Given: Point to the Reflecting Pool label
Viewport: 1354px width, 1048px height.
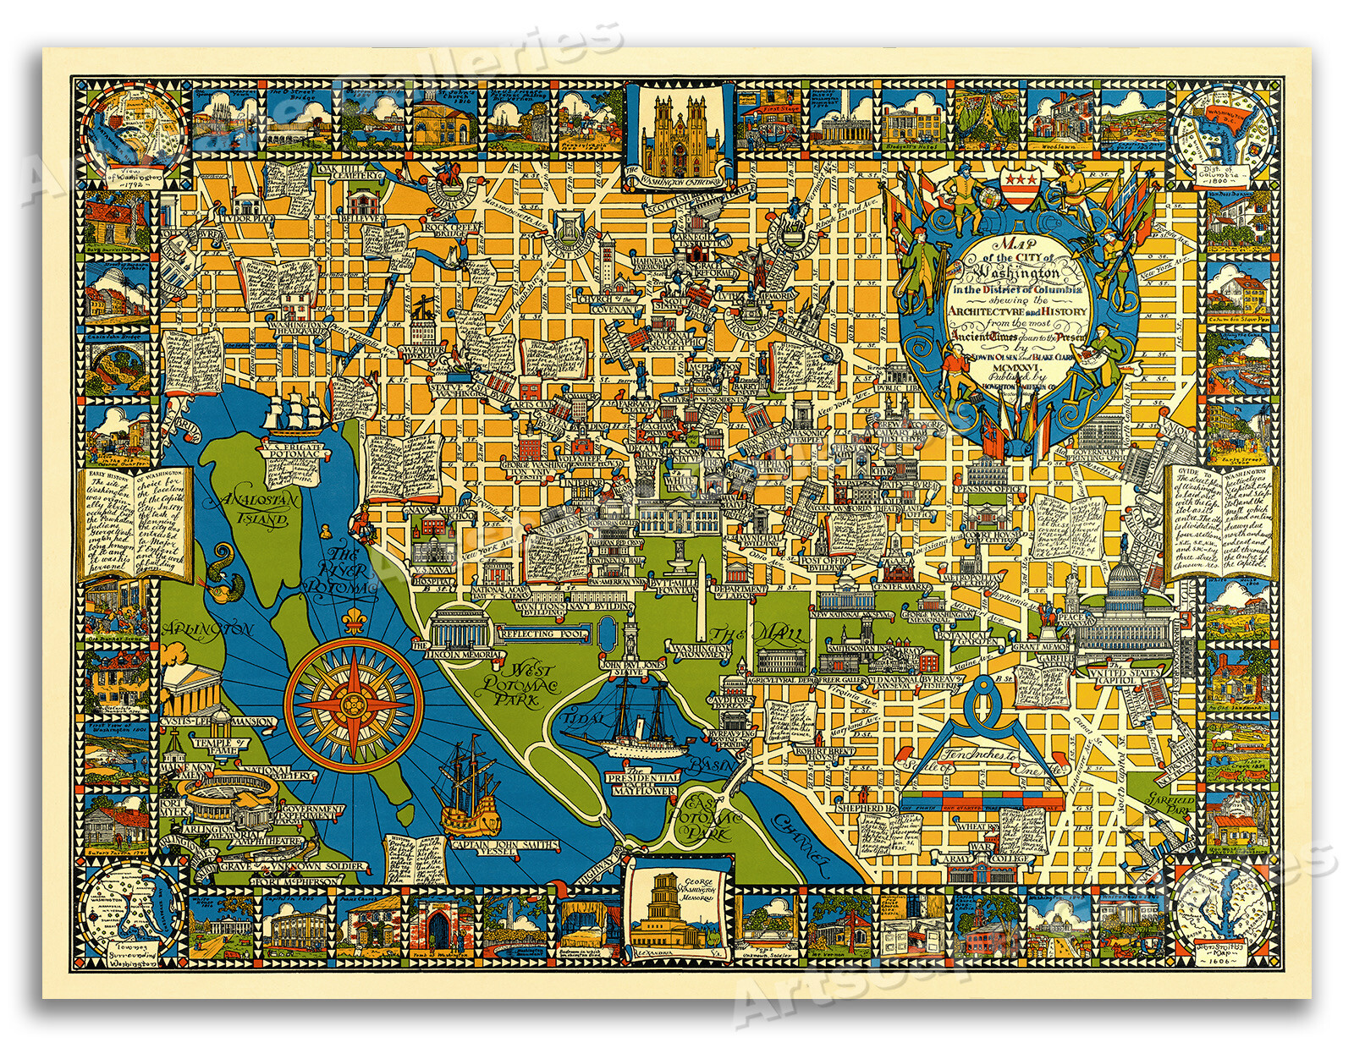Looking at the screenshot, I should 537,634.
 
